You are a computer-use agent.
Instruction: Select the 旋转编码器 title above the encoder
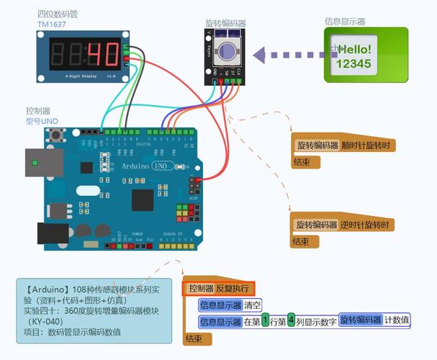(x=225, y=24)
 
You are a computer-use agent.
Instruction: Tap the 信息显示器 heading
(x=344, y=22)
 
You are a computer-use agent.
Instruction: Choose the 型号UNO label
(x=42, y=121)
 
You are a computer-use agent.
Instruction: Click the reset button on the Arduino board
(x=72, y=135)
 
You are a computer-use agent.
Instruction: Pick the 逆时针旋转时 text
(x=369, y=225)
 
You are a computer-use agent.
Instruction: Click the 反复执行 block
(x=232, y=288)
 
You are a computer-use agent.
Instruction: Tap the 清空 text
(x=253, y=305)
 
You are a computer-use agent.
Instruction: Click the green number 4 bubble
(x=291, y=320)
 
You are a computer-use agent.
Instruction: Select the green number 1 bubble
(x=265, y=320)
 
